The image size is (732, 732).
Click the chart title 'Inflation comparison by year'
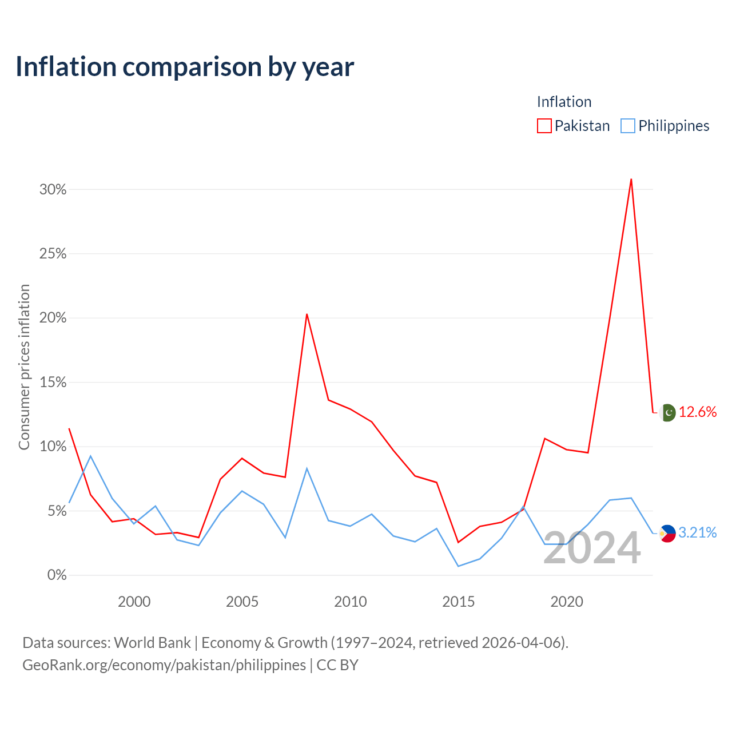[185, 67]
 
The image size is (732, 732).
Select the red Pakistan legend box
[544, 126]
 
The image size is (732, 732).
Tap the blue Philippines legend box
[627, 126]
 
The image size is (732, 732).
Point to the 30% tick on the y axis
[53, 189]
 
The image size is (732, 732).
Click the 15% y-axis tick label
[53, 382]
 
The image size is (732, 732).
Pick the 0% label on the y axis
[57, 575]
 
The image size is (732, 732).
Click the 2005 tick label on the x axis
[242, 602]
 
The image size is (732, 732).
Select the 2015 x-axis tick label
[459, 602]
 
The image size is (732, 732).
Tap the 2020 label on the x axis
[567, 602]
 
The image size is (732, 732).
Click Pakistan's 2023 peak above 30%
[631, 179]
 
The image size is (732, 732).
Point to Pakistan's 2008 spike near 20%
[307, 314]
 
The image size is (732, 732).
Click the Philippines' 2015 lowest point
[459, 566]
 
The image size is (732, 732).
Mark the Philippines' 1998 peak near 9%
[90, 456]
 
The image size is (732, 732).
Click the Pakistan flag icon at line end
[667, 412]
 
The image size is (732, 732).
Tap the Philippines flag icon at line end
[667, 534]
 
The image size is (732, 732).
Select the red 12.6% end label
[698, 412]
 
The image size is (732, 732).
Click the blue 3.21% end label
[698, 533]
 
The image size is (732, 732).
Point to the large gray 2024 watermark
[592, 548]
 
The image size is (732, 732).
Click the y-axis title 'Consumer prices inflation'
[24, 367]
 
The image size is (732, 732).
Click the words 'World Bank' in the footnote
[152, 643]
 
